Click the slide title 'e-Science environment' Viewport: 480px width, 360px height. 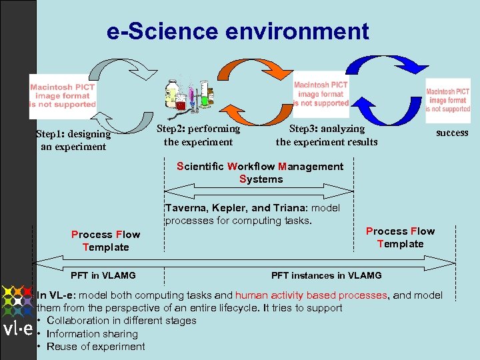tap(237, 31)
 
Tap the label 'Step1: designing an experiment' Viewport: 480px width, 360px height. tap(73, 141)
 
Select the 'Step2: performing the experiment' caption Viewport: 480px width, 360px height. tap(198, 135)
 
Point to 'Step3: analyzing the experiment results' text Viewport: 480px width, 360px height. tap(327, 135)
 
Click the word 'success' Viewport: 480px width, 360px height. tap(452, 133)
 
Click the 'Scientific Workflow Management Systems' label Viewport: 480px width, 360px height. tap(261, 173)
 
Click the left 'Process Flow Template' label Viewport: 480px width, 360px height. tap(105, 241)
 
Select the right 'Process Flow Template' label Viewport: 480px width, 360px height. tap(400, 237)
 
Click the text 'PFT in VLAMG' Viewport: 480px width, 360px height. tap(103, 275)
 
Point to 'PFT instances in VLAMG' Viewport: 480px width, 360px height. tap(327, 275)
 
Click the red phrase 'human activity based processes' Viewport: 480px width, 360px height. tap(311, 295)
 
